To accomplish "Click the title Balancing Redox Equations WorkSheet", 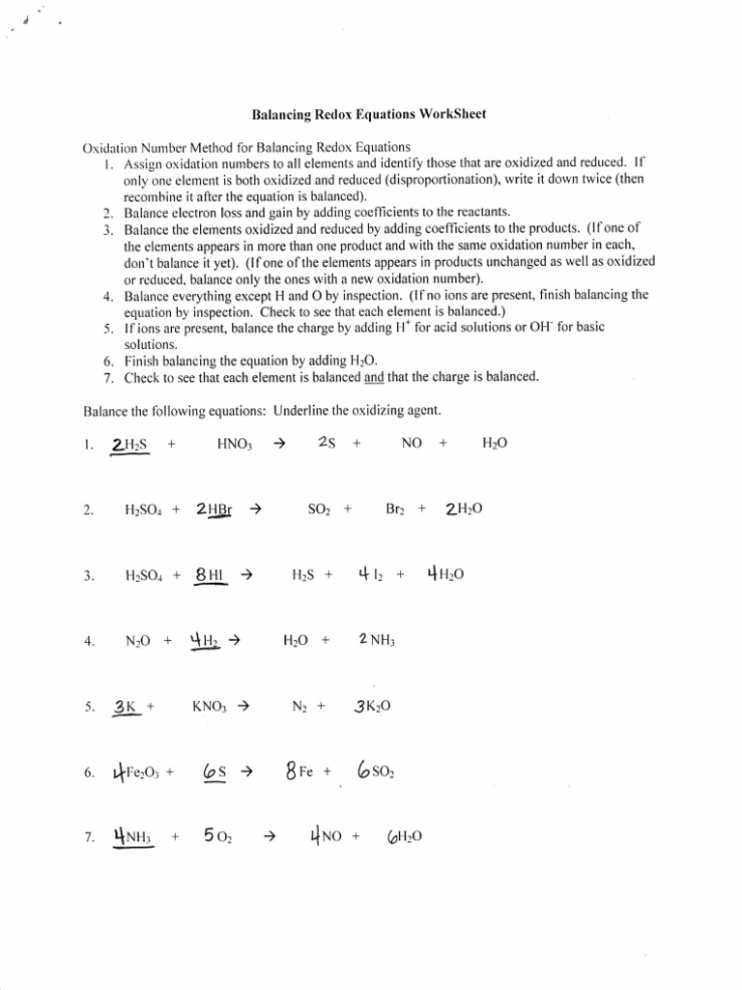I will (368, 114).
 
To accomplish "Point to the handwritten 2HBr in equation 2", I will (214, 509).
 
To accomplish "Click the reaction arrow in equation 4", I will (232, 640).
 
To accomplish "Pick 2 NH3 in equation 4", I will (377, 640).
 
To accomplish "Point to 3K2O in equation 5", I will (373, 706).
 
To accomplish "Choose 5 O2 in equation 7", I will (217, 837).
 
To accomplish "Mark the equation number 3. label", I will (89, 575).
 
